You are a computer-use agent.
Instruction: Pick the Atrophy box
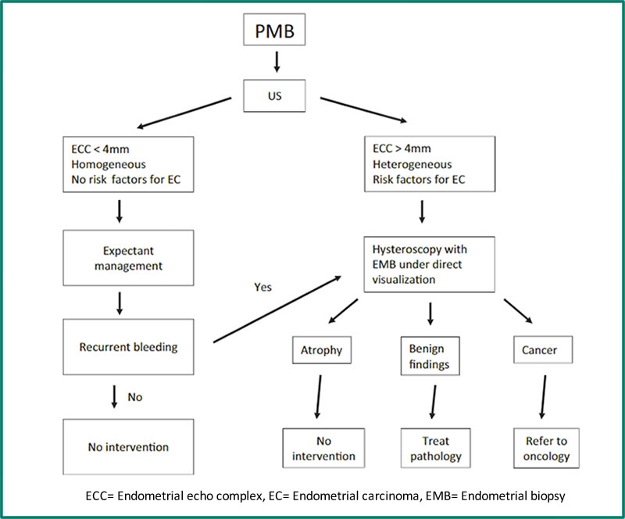pos(321,351)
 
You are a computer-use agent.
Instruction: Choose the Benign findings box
pos(430,356)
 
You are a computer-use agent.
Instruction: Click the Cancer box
pos(539,351)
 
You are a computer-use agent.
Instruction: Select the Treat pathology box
pos(430,449)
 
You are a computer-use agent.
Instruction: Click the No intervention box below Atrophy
pos(321,449)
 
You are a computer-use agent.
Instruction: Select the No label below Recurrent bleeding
pos(135,396)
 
